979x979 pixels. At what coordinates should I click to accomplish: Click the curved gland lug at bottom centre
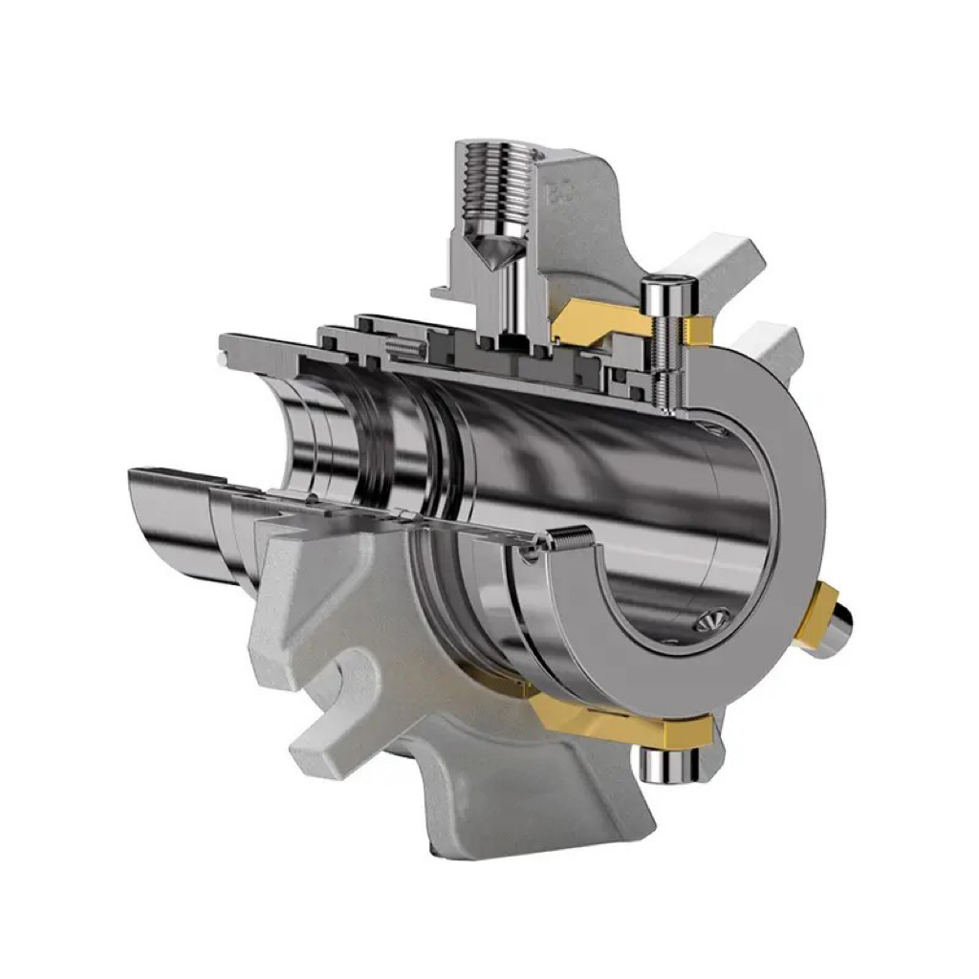click(x=535, y=794)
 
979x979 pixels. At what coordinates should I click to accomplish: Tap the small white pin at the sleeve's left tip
click(x=223, y=359)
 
